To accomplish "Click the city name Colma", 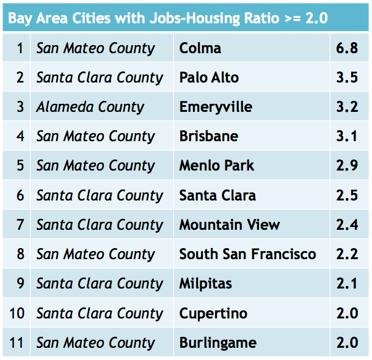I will tap(200, 48).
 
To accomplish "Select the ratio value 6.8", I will tap(346, 48).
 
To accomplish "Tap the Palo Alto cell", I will tap(209, 78).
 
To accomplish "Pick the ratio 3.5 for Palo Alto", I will tap(346, 78).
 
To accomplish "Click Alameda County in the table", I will tap(90, 107).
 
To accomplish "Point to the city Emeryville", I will tap(216, 107).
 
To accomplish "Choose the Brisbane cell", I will tap(208, 136).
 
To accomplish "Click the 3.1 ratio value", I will tap(346, 136).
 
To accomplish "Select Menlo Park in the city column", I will tap(216, 166).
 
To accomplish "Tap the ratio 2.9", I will tap(346, 166).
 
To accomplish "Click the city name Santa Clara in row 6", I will tap(217, 196).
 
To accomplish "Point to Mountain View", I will tap(229, 225).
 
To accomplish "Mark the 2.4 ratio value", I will tap(346, 225).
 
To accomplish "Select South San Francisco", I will tap(247, 254).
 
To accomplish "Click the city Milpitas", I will tap(205, 284).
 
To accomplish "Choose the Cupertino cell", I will tap(213, 314).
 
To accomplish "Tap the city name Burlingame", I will tap(217, 343).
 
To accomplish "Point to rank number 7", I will tap(20, 225).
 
